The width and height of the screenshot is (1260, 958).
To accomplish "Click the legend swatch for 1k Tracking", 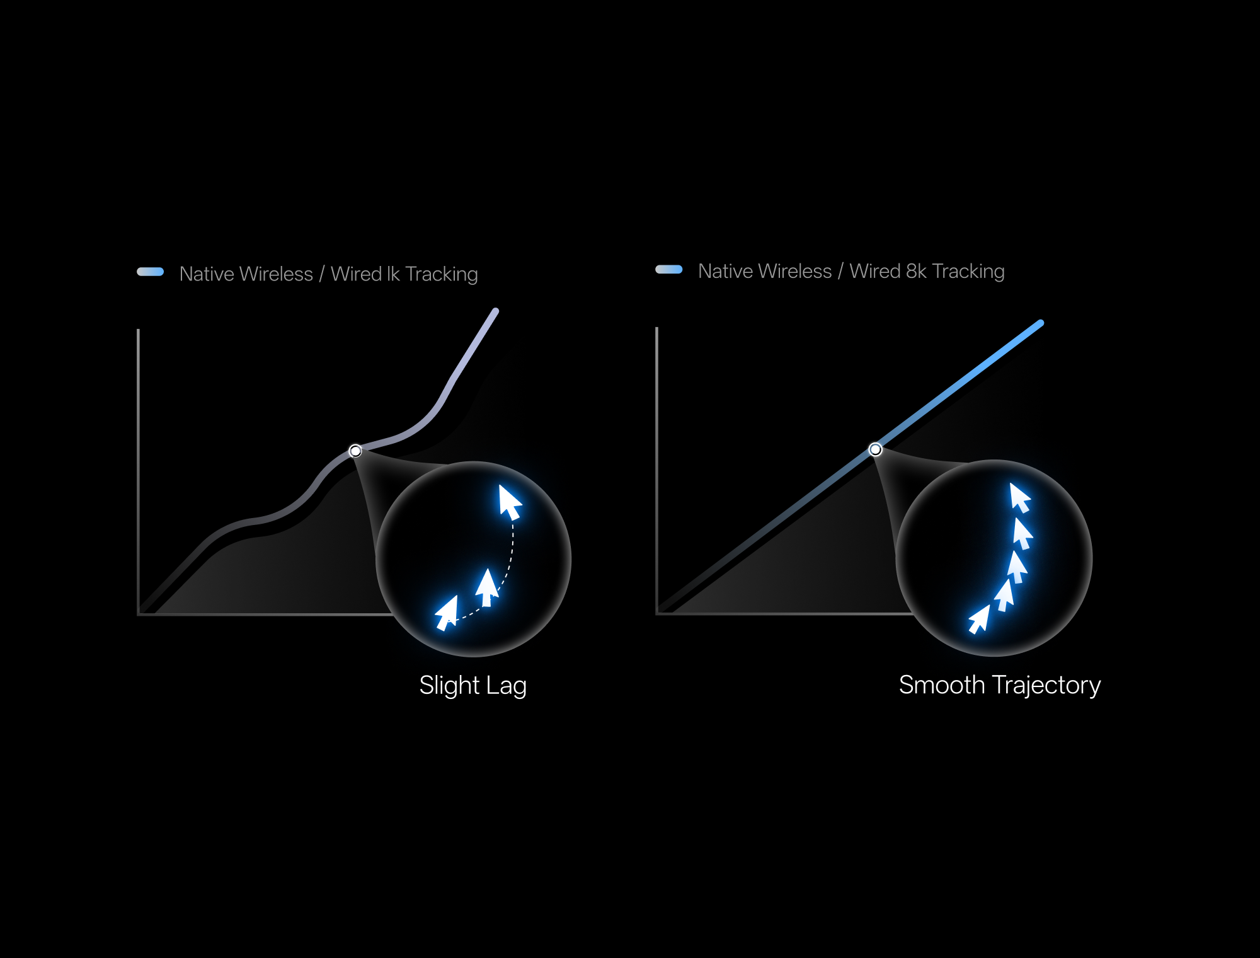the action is point(151,272).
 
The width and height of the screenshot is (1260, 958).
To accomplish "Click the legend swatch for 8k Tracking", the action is point(669,269).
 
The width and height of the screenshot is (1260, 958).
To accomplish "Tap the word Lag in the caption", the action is point(507,686).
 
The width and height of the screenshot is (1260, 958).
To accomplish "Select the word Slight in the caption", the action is point(450,686).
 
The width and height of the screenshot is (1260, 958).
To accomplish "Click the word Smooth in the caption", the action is point(942,684).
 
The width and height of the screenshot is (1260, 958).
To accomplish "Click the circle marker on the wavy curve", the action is point(355,451).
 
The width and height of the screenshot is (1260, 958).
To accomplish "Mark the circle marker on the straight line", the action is point(875,449).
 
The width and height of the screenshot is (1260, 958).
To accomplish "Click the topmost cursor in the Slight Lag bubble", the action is point(510,502).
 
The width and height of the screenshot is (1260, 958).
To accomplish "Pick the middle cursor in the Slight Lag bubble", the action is point(486,587).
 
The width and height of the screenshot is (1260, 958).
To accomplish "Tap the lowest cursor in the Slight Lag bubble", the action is point(447,613).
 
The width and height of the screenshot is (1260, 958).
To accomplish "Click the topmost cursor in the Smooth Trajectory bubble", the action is point(1020,498).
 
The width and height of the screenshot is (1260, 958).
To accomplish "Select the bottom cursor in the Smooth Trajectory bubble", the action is point(979,619).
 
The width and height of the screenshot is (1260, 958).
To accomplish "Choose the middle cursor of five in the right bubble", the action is point(1017,567).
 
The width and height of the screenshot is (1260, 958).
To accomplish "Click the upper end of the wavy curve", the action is point(496,311).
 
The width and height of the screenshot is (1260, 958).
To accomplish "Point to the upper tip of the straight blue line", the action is point(1041,323).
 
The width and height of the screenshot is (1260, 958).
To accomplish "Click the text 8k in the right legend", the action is point(916,271).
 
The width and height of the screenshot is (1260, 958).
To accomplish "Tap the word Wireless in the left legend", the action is point(277,274).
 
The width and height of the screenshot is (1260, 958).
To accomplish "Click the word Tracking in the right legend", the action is point(968,272).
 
